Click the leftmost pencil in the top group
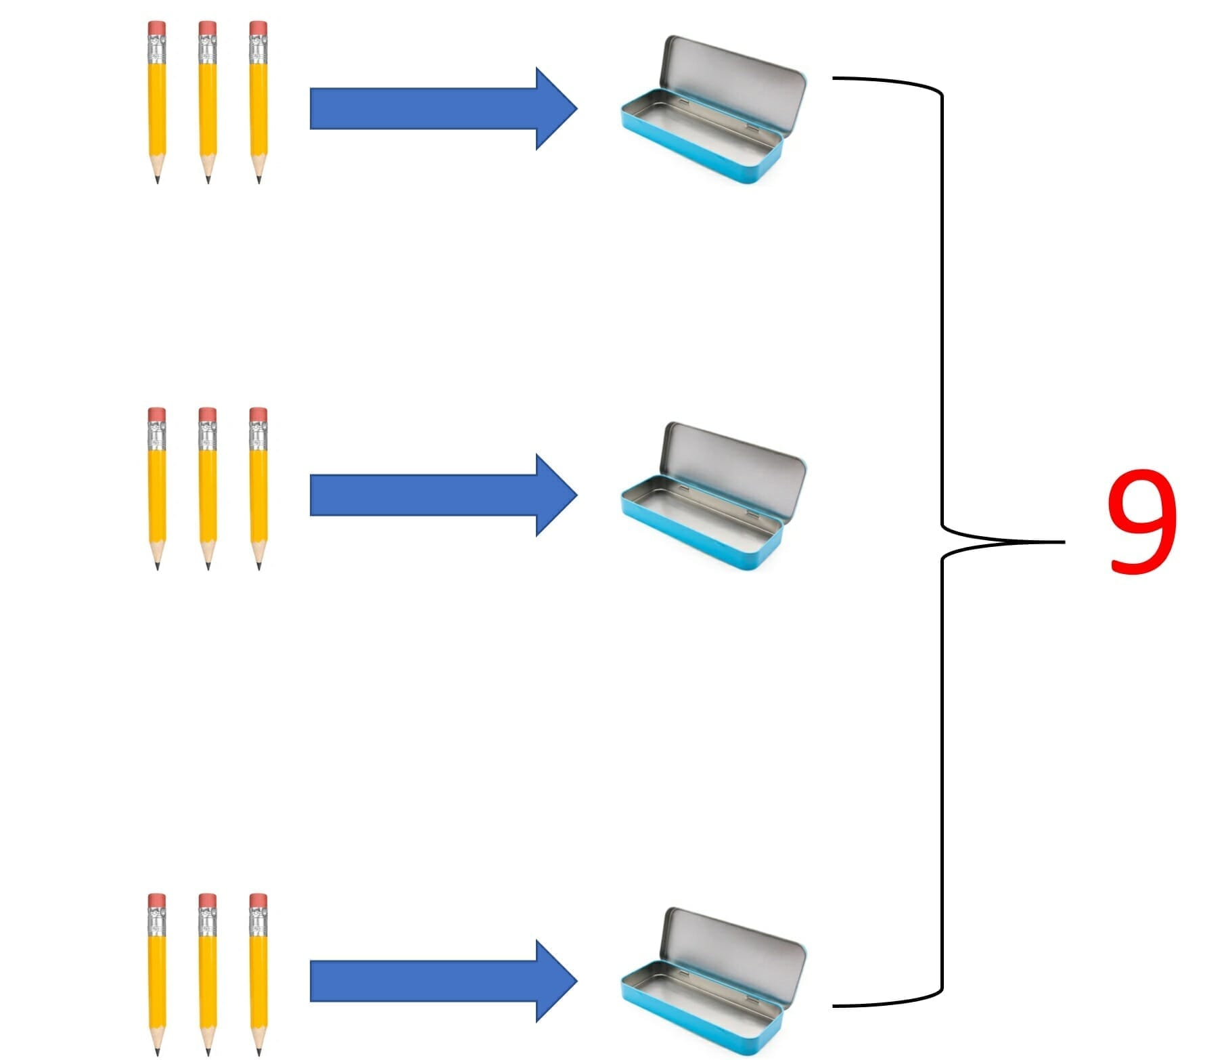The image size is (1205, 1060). point(157,102)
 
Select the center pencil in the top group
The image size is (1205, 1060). point(208,102)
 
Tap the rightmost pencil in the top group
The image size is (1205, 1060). point(258,102)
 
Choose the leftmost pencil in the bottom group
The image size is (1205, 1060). point(157,975)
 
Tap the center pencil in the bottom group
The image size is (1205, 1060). point(208,975)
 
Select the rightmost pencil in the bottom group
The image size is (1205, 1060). point(258,975)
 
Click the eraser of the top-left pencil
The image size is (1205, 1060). point(157,27)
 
